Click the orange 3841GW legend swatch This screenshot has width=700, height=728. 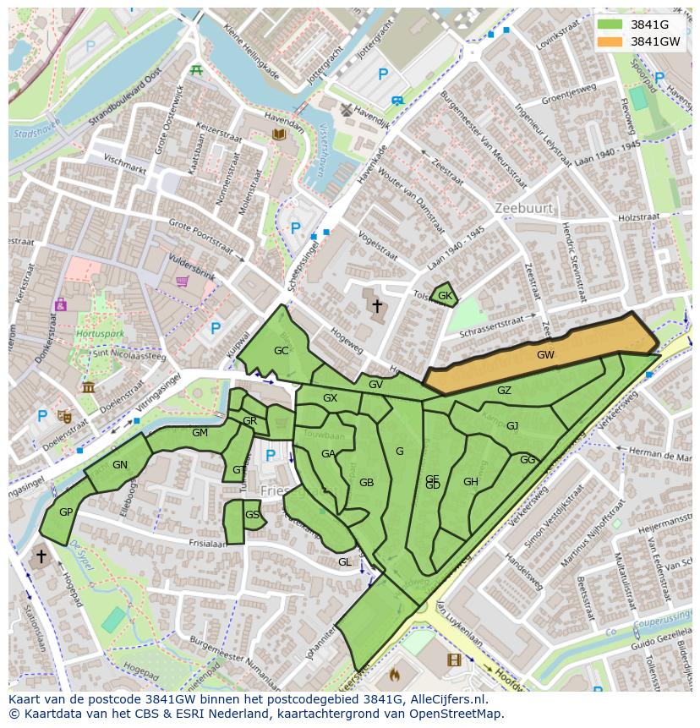click(609, 41)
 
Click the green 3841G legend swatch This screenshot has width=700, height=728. click(609, 25)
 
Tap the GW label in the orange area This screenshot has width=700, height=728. click(545, 355)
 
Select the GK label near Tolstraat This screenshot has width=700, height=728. click(445, 296)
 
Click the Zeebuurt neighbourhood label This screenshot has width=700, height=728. click(523, 208)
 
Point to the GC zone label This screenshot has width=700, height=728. click(282, 350)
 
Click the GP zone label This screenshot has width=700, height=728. click(66, 512)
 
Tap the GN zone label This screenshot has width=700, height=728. click(119, 464)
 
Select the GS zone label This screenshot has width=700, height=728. click(252, 514)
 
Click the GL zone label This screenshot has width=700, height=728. click(344, 561)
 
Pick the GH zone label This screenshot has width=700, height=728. click(471, 482)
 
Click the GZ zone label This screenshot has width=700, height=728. click(504, 391)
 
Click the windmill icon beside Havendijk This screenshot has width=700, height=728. click(345, 109)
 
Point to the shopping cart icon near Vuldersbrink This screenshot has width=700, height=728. click(181, 282)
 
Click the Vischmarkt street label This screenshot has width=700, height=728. click(125, 164)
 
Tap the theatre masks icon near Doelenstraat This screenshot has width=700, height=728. click(63, 415)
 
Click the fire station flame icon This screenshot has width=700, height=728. click(393, 675)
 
